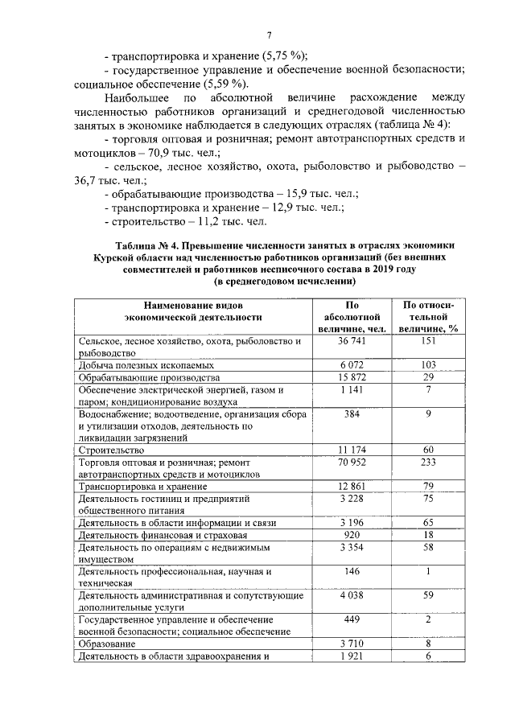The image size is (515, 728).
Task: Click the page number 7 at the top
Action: tap(270, 35)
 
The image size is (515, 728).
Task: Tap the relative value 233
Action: tap(428, 463)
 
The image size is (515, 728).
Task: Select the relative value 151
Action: tap(428, 341)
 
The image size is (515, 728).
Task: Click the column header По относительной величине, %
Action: tap(428, 316)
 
